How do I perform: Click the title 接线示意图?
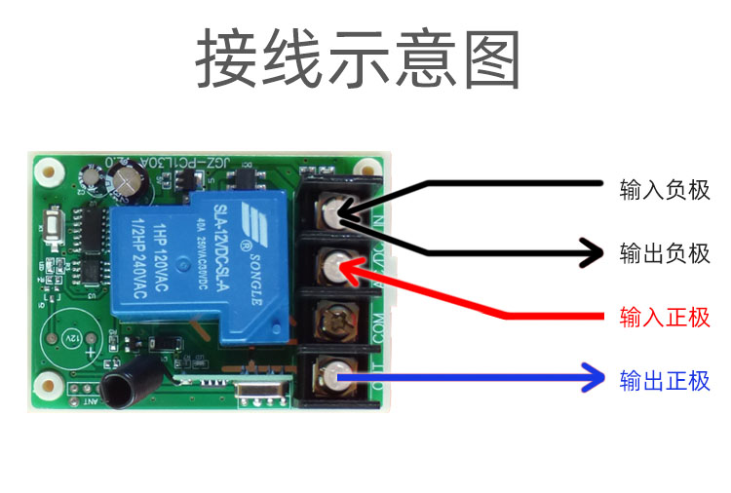(359, 60)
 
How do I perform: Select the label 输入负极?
(665, 190)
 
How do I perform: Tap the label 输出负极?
(665, 254)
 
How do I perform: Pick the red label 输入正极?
(665, 318)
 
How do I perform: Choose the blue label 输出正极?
(665, 381)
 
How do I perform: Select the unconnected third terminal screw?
(337, 318)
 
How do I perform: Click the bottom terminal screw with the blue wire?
(337, 371)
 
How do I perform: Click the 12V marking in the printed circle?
(71, 336)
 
